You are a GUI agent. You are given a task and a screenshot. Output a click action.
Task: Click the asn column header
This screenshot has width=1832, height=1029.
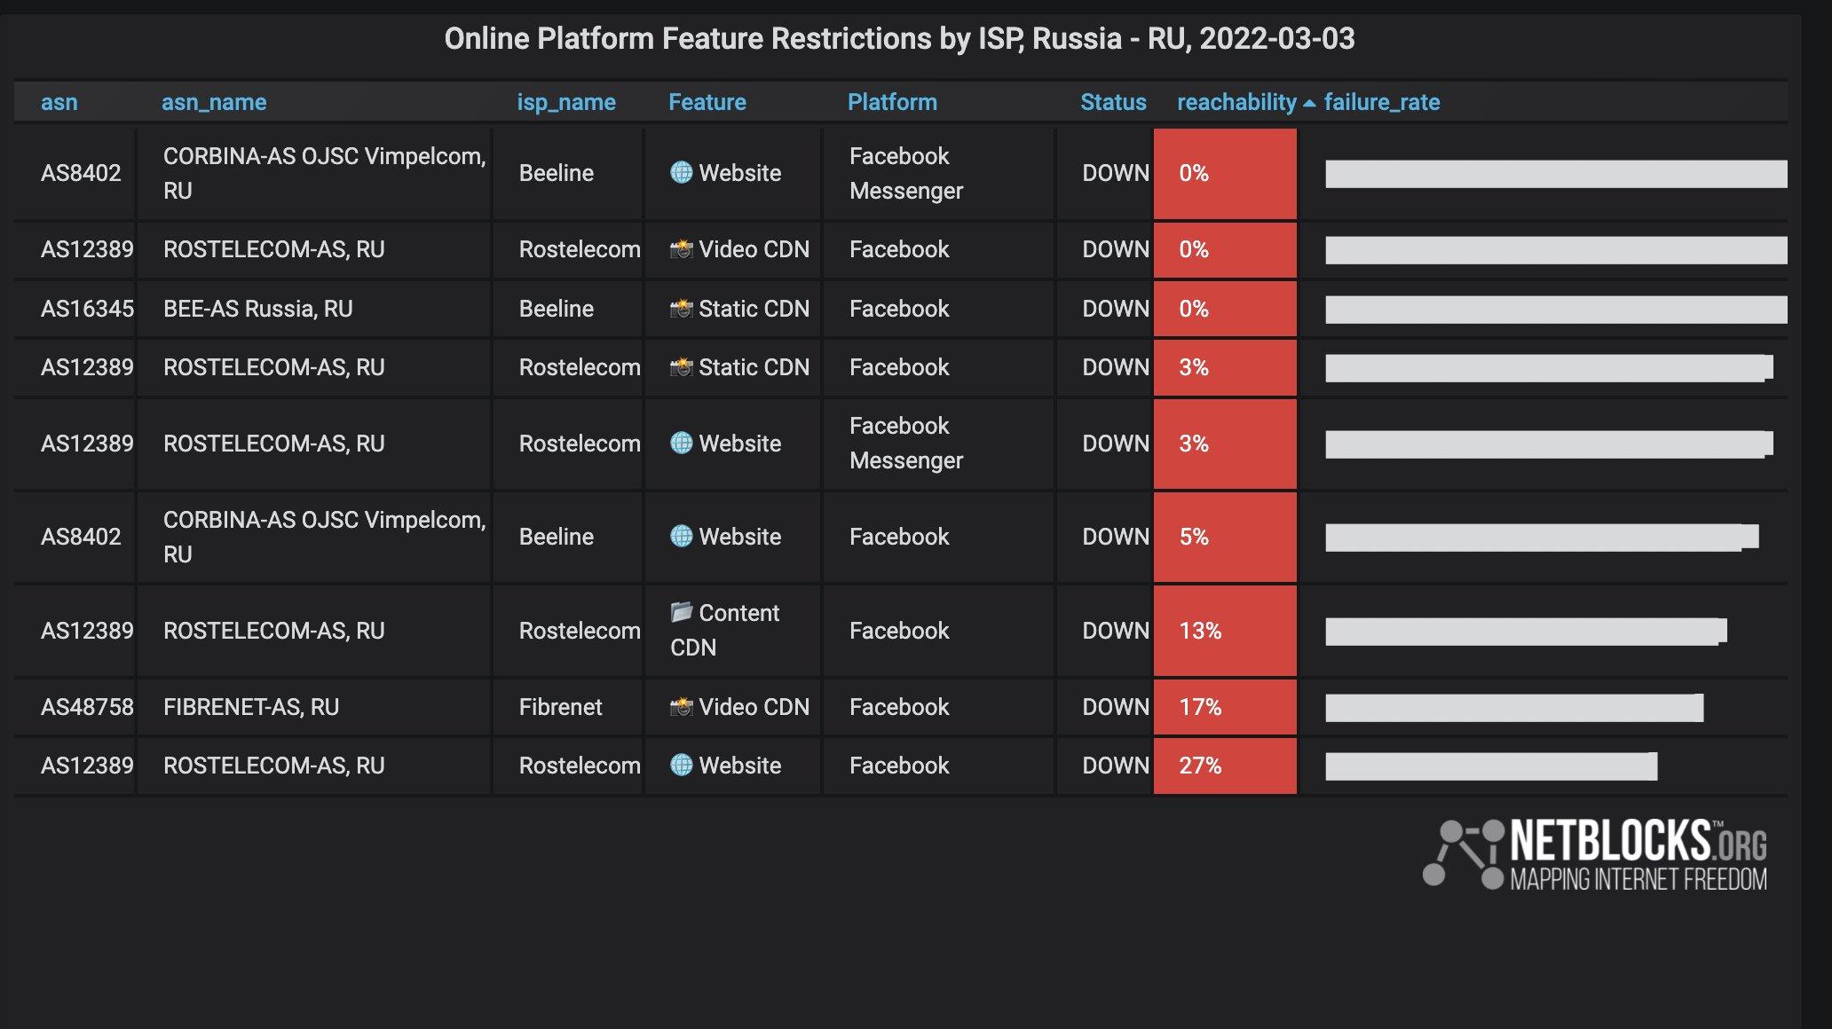[x=59, y=103]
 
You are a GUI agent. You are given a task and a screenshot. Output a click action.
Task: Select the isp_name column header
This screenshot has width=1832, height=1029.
[x=566, y=103]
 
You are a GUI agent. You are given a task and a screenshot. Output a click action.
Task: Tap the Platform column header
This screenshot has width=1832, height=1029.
[x=892, y=103]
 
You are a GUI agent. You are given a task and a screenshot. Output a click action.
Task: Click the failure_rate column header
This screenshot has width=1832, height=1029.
[x=1381, y=103]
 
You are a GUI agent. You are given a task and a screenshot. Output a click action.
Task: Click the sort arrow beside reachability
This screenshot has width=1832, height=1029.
[x=1309, y=104]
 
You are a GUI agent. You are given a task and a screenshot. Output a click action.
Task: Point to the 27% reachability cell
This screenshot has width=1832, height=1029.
[x=1225, y=766]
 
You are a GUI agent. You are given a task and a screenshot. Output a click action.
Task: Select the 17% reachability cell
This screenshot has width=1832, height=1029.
[x=1225, y=707]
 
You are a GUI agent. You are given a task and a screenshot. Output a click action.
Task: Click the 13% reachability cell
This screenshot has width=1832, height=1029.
[x=1225, y=631]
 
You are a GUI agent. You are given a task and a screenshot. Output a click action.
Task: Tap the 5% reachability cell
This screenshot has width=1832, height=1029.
[x=1225, y=537]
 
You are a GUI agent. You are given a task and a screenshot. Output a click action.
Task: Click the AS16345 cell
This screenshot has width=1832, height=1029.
[x=87, y=309]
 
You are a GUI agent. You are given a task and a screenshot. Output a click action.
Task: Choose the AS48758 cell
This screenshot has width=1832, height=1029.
[x=87, y=707]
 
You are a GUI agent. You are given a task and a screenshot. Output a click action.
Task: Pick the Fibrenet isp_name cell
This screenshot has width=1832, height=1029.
[x=560, y=707]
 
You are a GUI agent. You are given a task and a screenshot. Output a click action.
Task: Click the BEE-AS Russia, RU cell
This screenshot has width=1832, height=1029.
[x=257, y=309]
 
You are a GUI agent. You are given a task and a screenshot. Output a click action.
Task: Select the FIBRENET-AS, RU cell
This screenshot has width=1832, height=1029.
[x=251, y=707]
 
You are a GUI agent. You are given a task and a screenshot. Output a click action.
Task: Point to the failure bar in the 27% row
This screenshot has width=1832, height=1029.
[x=1491, y=766]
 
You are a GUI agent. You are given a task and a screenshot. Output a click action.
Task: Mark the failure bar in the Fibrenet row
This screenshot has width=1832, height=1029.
[x=1514, y=708]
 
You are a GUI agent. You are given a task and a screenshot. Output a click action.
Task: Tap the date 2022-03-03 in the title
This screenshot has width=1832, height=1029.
[x=1276, y=39]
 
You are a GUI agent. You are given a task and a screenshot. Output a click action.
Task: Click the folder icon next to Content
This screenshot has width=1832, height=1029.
[x=681, y=612]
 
